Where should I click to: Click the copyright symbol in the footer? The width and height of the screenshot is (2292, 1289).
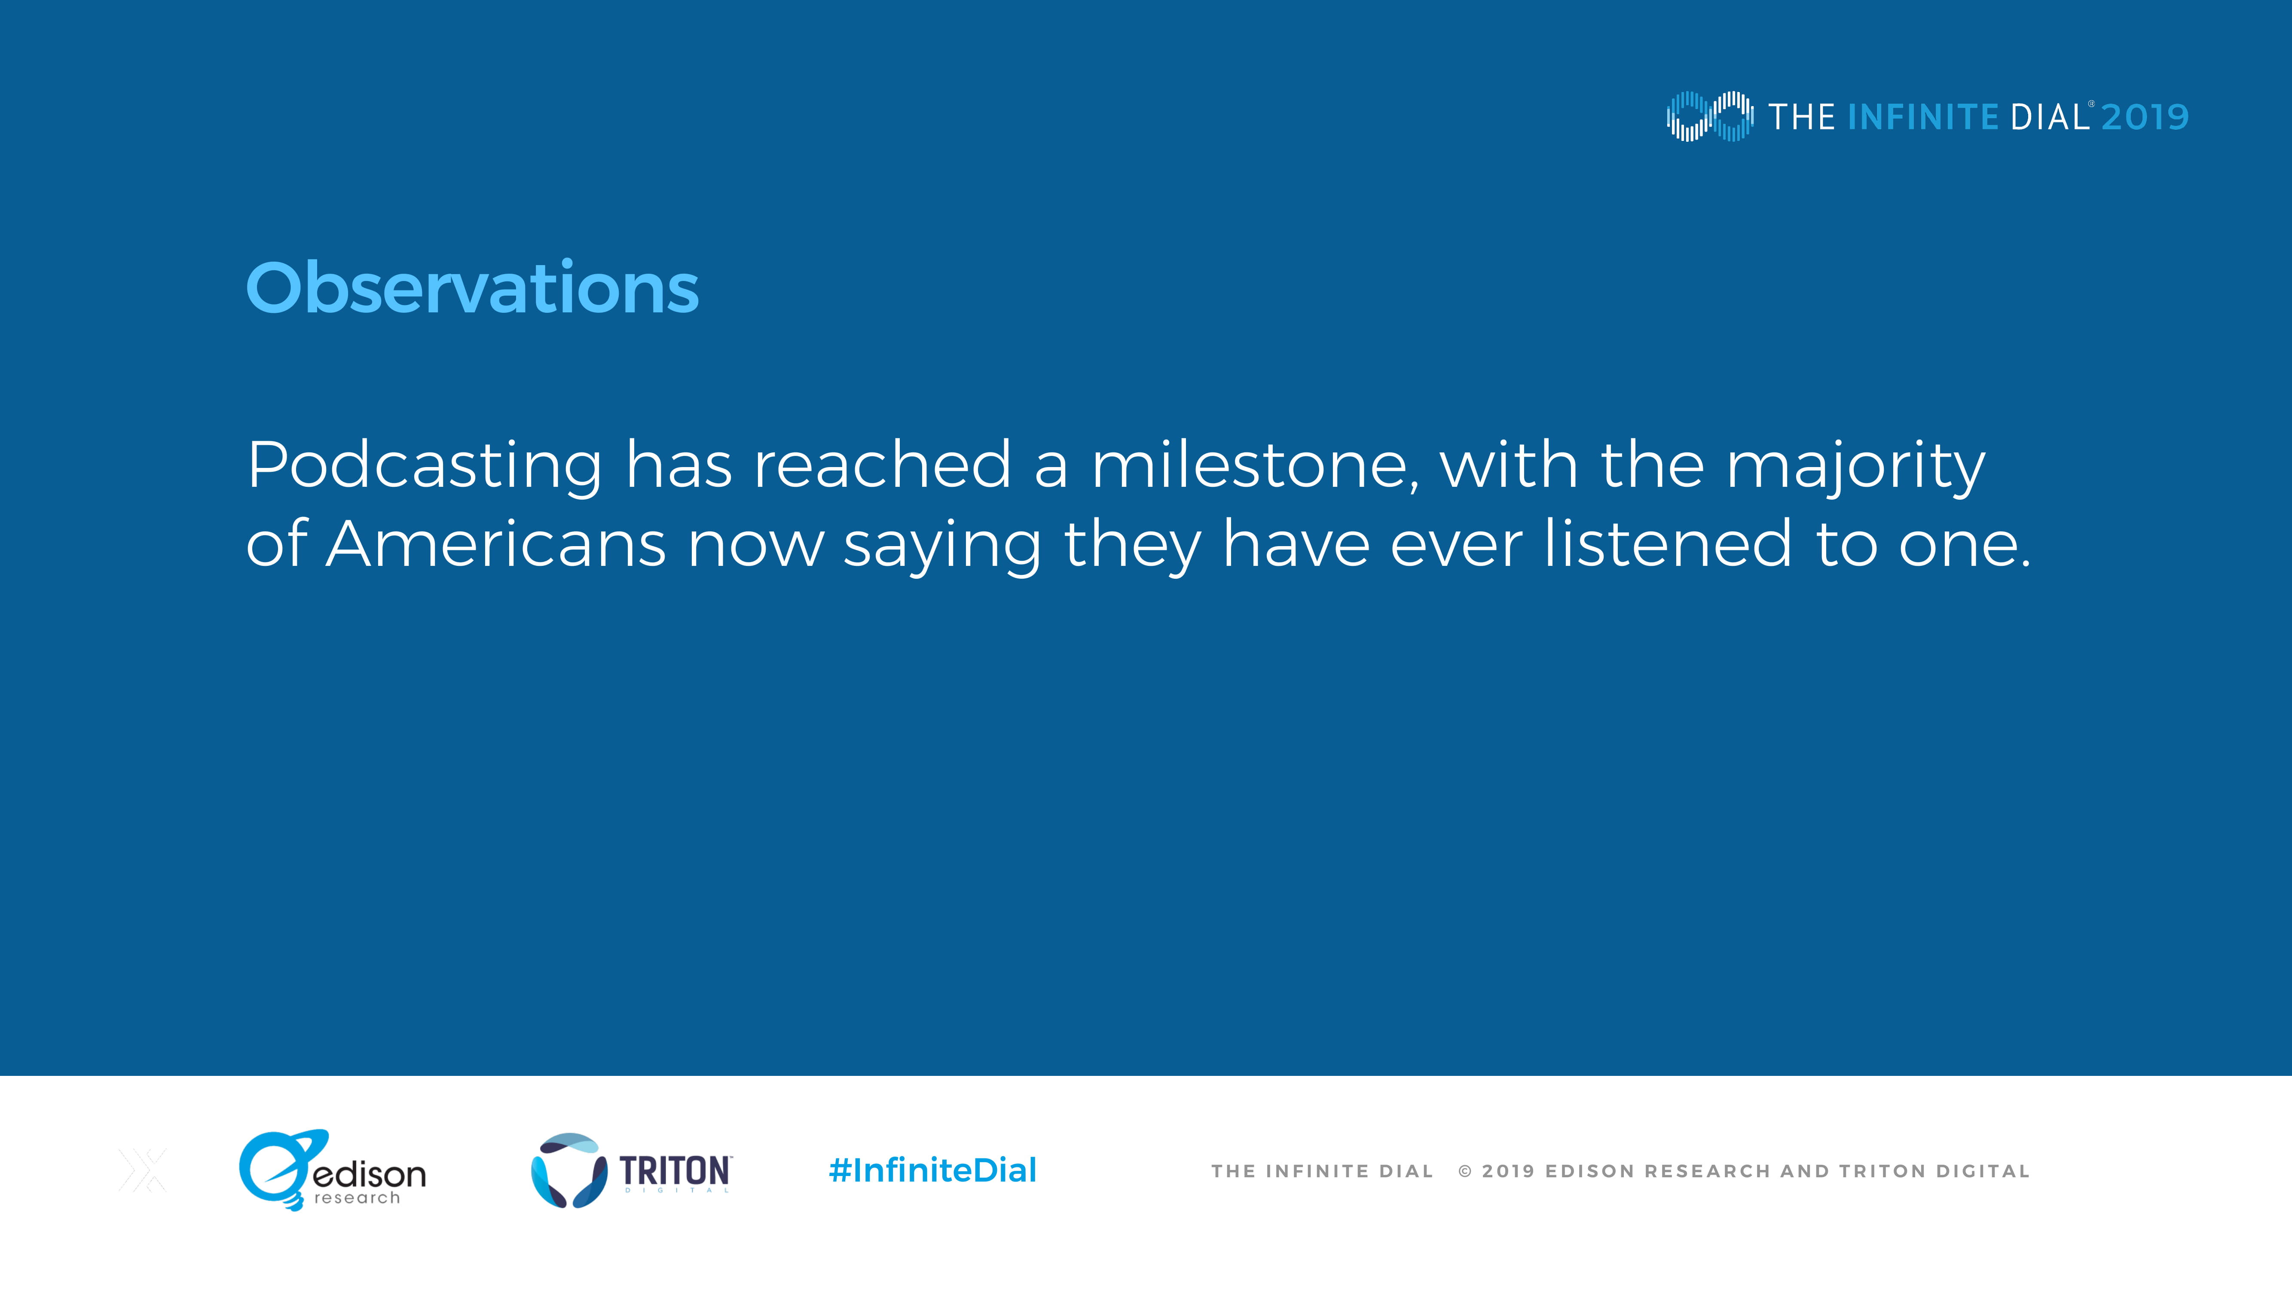coord(1464,1172)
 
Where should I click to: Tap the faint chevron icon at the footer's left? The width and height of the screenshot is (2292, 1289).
coord(142,1170)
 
